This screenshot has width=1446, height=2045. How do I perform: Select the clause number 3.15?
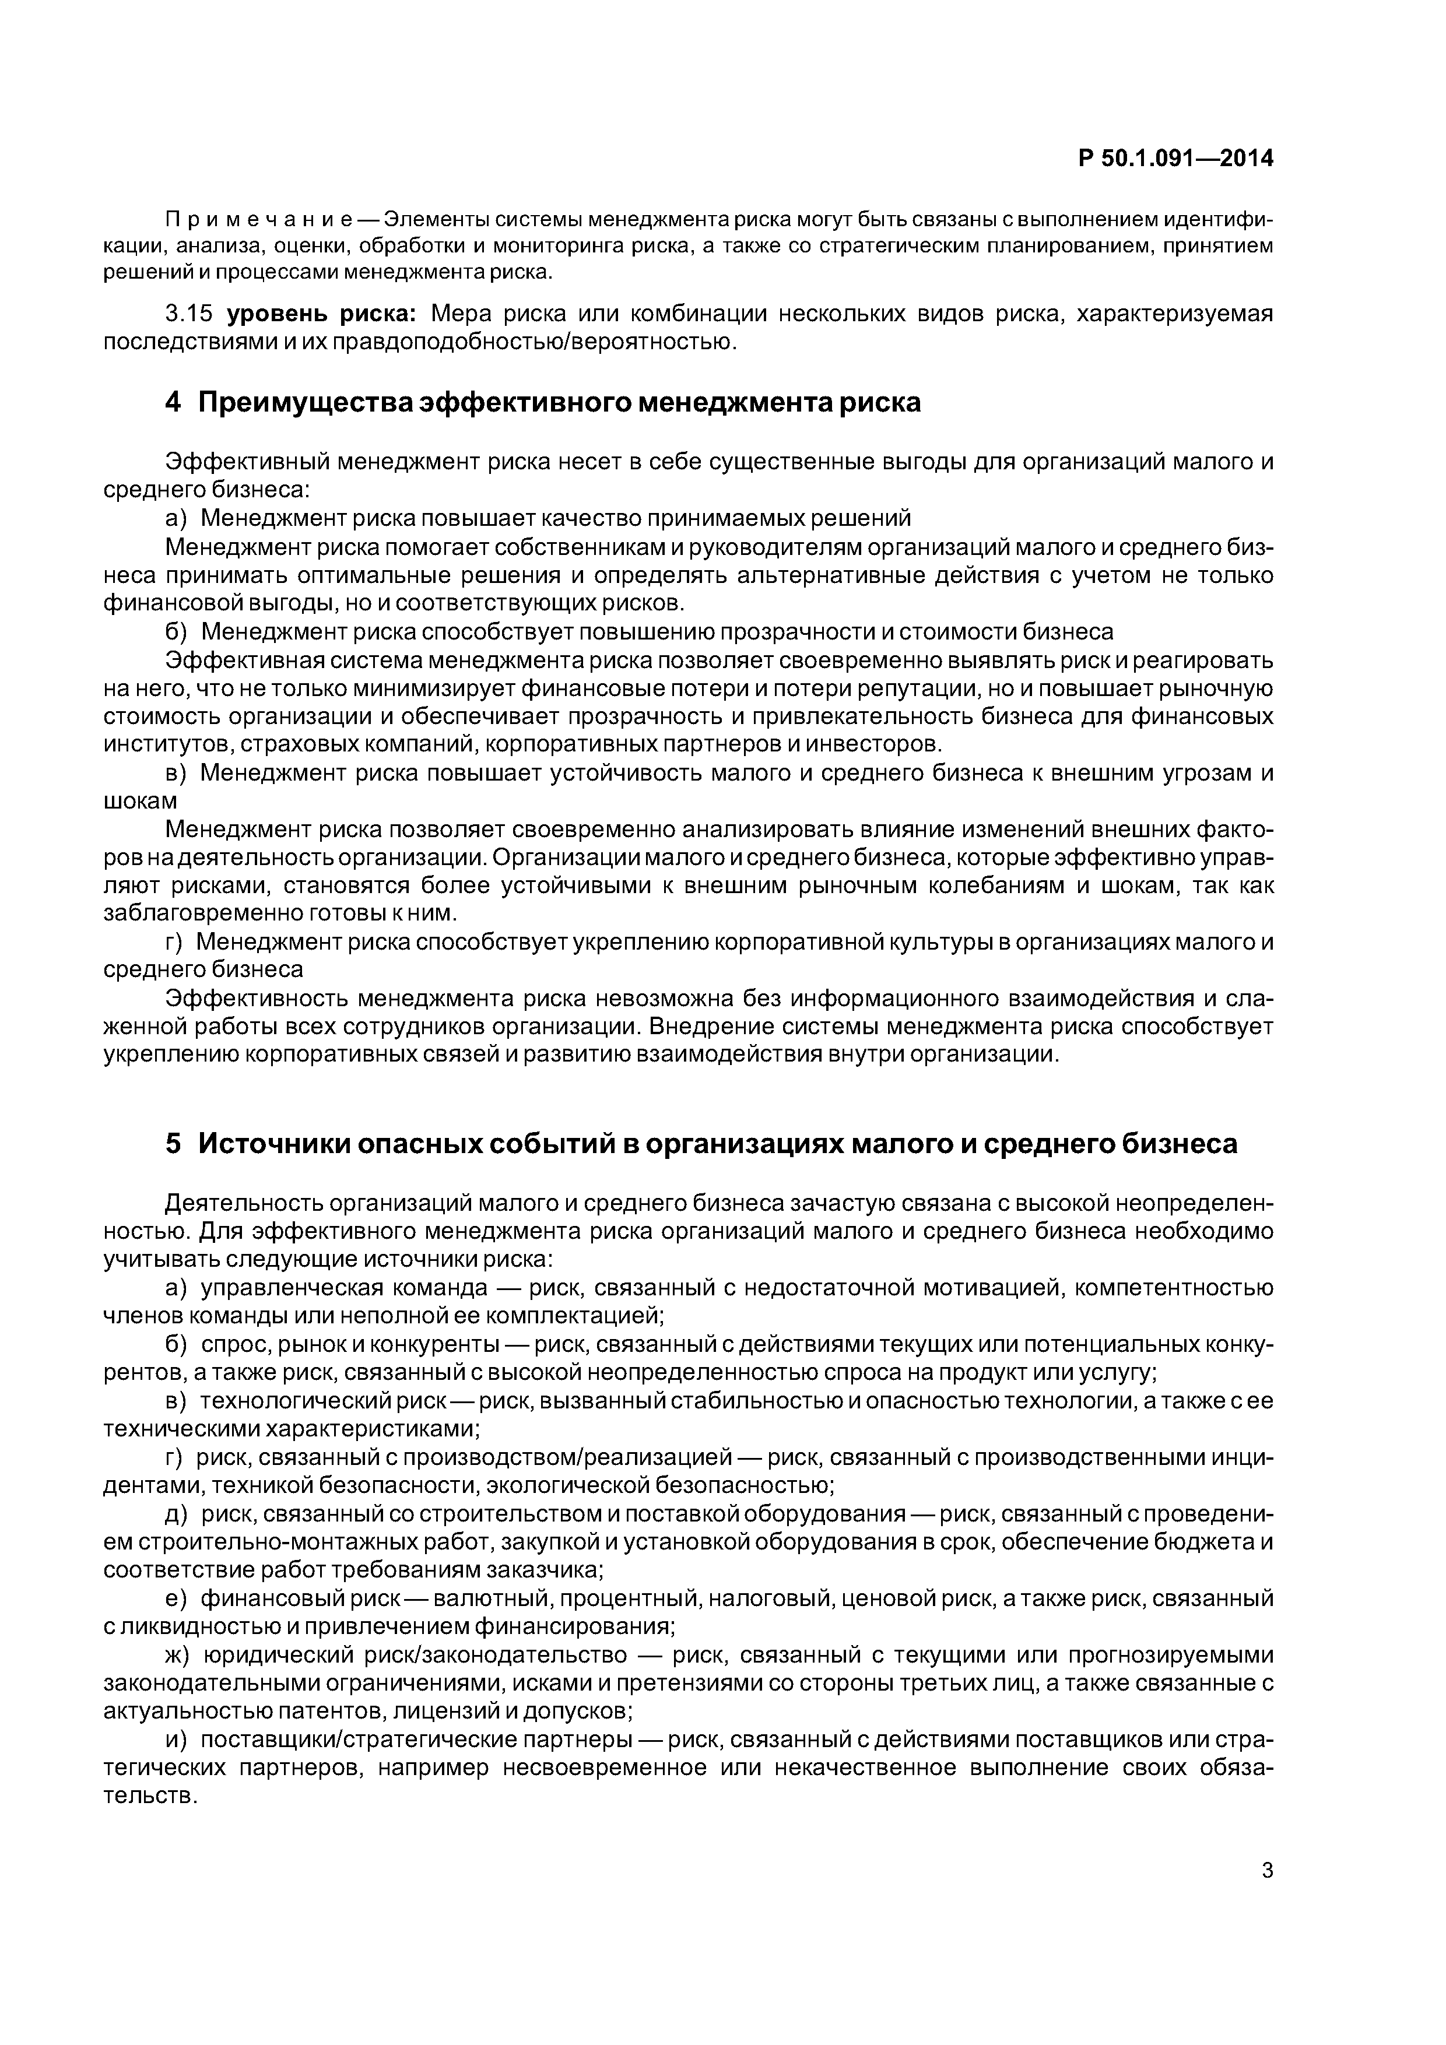pos(191,314)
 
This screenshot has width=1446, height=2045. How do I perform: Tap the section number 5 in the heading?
pos(173,1144)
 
